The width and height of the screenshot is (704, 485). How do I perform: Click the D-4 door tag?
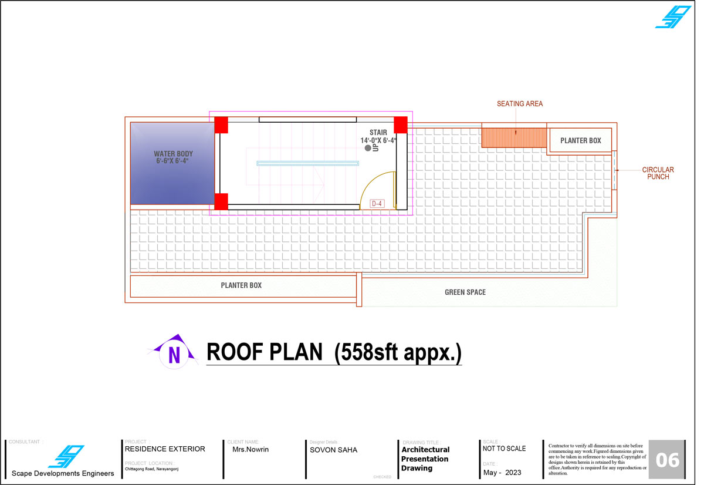tap(377, 204)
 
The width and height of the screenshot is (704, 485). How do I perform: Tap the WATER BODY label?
tap(173, 154)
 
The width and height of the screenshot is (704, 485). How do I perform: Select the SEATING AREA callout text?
tap(520, 104)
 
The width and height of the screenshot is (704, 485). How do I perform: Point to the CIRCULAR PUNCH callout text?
tap(658, 173)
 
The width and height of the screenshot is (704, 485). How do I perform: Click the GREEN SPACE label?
tap(465, 292)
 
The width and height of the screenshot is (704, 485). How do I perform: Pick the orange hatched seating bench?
tap(514, 137)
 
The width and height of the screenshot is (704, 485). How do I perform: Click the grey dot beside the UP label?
tap(368, 148)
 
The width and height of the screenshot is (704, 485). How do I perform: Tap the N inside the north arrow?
tap(174, 355)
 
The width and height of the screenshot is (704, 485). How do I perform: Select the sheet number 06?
tap(667, 460)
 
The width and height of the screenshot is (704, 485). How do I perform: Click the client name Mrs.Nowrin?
tap(251, 449)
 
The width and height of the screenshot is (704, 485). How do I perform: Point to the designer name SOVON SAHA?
tap(333, 450)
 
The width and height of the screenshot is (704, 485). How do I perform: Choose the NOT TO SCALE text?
tap(504, 449)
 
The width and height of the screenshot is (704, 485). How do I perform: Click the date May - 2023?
tap(502, 473)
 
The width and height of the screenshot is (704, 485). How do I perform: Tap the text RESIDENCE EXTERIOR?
tap(165, 449)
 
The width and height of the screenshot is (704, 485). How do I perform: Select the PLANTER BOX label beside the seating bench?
tap(580, 140)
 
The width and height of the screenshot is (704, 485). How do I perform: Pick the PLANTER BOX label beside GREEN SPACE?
tap(241, 285)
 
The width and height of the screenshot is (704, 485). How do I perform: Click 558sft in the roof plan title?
tap(369, 352)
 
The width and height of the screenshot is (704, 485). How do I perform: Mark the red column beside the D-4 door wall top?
tap(400, 125)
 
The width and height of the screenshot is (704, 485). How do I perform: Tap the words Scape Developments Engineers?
tap(63, 473)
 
